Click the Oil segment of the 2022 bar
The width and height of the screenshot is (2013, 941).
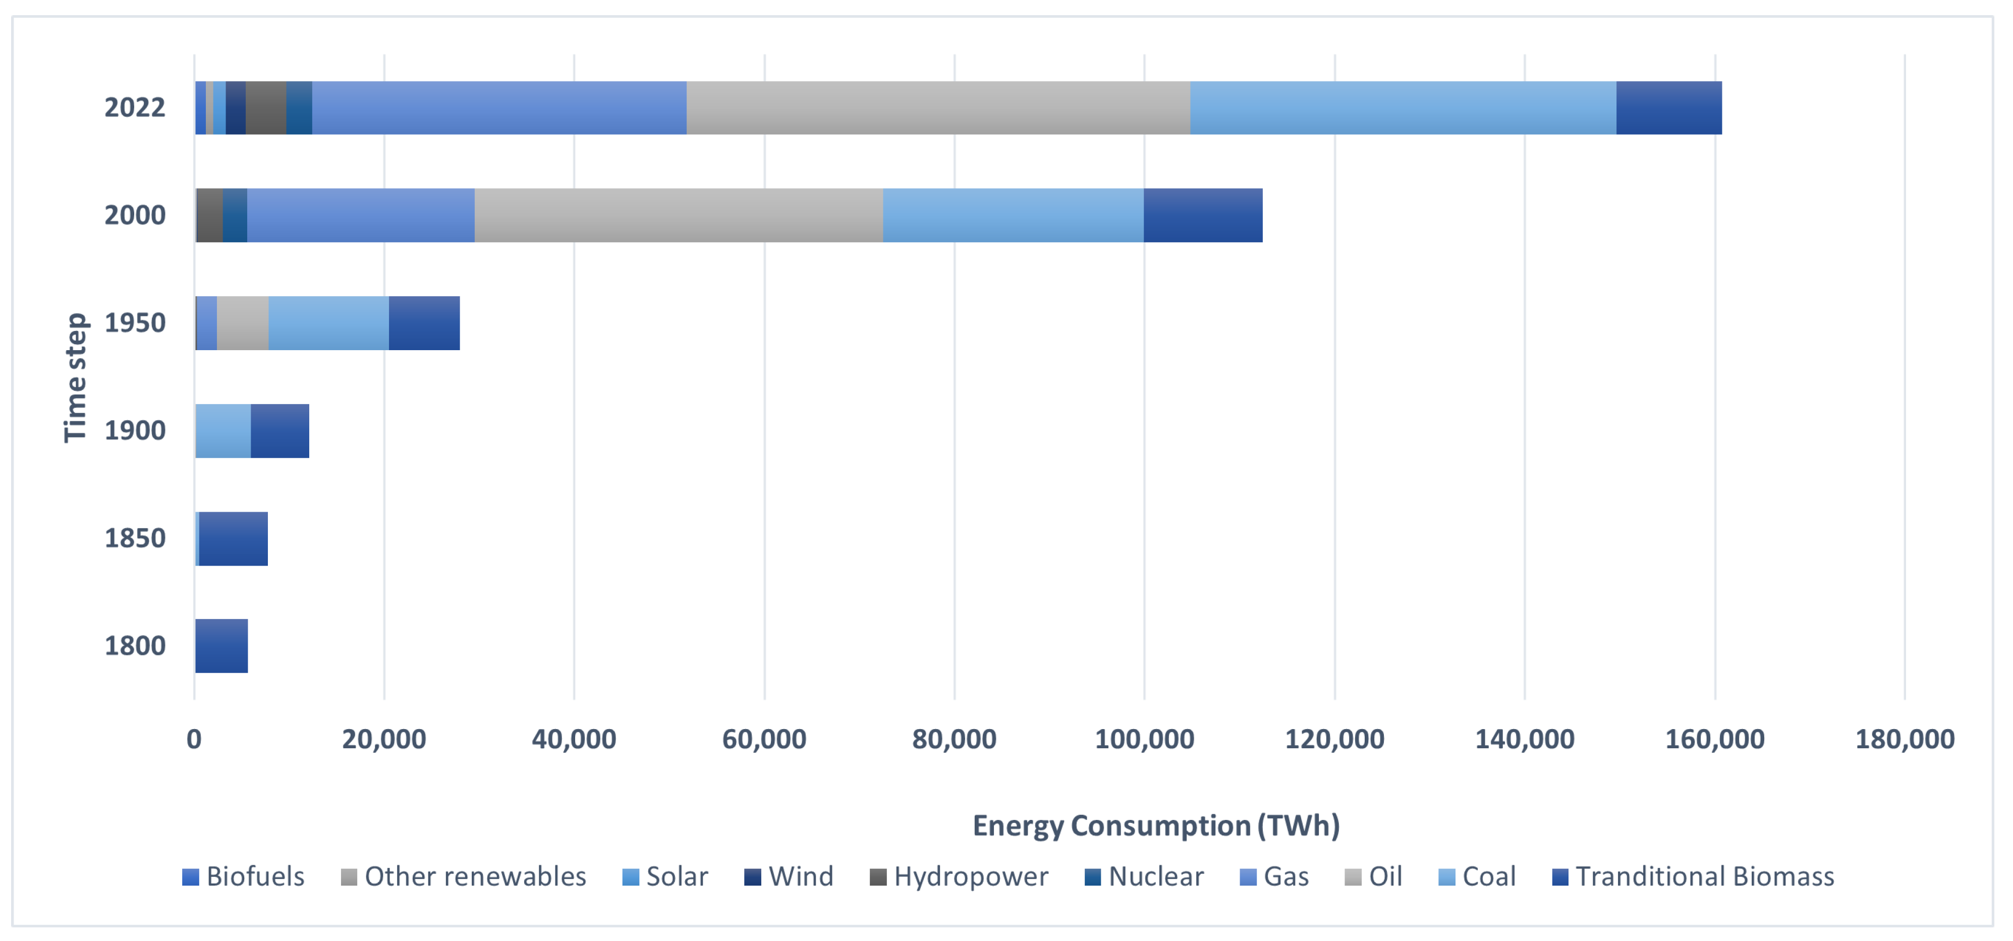[938, 108]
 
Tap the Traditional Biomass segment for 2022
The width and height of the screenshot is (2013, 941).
[1668, 108]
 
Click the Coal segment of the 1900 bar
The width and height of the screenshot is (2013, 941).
[222, 431]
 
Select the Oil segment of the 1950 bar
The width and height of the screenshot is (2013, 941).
[242, 323]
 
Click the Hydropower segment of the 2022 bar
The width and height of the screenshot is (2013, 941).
[266, 108]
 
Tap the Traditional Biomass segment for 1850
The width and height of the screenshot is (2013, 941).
[233, 538]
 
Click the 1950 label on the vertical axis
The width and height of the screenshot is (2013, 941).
[134, 323]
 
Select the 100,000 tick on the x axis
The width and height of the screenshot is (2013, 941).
[1144, 739]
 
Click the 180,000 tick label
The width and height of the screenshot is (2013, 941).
[1905, 739]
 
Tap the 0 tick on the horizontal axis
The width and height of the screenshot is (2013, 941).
[194, 739]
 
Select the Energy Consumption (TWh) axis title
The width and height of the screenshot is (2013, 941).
[1156, 825]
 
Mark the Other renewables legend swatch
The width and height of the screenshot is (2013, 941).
[349, 877]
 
